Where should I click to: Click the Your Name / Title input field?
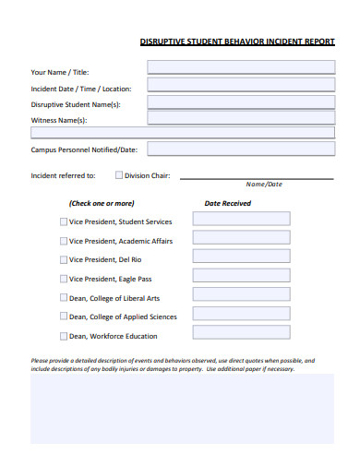(x=241, y=66)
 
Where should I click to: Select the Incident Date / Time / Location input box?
(x=241, y=84)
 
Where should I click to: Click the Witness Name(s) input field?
(x=241, y=117)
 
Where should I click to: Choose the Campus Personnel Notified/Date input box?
(x=241, y=149)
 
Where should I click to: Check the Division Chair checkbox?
(x=118, y=174)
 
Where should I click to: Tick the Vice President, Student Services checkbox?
(x=64, y=221)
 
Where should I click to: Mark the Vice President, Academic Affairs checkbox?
(x=64, y=241)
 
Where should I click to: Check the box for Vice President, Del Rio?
(x=64, y=259)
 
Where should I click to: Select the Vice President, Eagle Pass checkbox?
(x=64, y=279)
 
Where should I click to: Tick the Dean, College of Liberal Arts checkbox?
(x=64, y=298)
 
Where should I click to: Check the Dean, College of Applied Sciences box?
(x=64, y=317)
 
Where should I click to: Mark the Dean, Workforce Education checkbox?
(x=64, y=336)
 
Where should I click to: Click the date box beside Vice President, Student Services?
(x=241, y=219)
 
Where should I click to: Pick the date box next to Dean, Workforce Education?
(x=241, y=333)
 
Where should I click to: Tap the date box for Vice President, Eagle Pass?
(x=241, y=276)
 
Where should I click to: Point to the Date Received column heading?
(x=227, y=203)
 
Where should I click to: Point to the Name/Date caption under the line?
(x=264, y=185)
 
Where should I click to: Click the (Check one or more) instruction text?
(x=101, y=203)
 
